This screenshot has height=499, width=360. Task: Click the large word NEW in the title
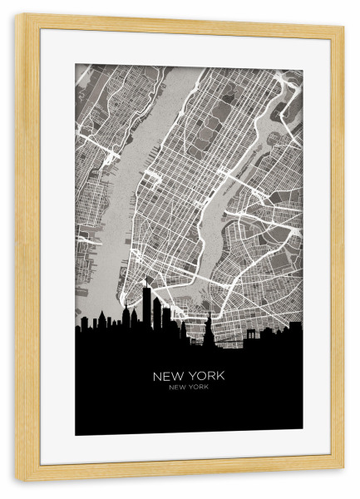pos(169,376)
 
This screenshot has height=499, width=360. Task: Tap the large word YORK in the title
pos(206,376)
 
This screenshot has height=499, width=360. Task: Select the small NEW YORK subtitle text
pos(189,388)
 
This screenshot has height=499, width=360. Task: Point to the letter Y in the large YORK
pos(192,376)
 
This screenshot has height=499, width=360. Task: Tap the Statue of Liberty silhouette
pos(208,333)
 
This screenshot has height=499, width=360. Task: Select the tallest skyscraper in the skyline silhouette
pos(145,312)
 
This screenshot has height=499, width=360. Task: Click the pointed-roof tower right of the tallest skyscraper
pos(155,314)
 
